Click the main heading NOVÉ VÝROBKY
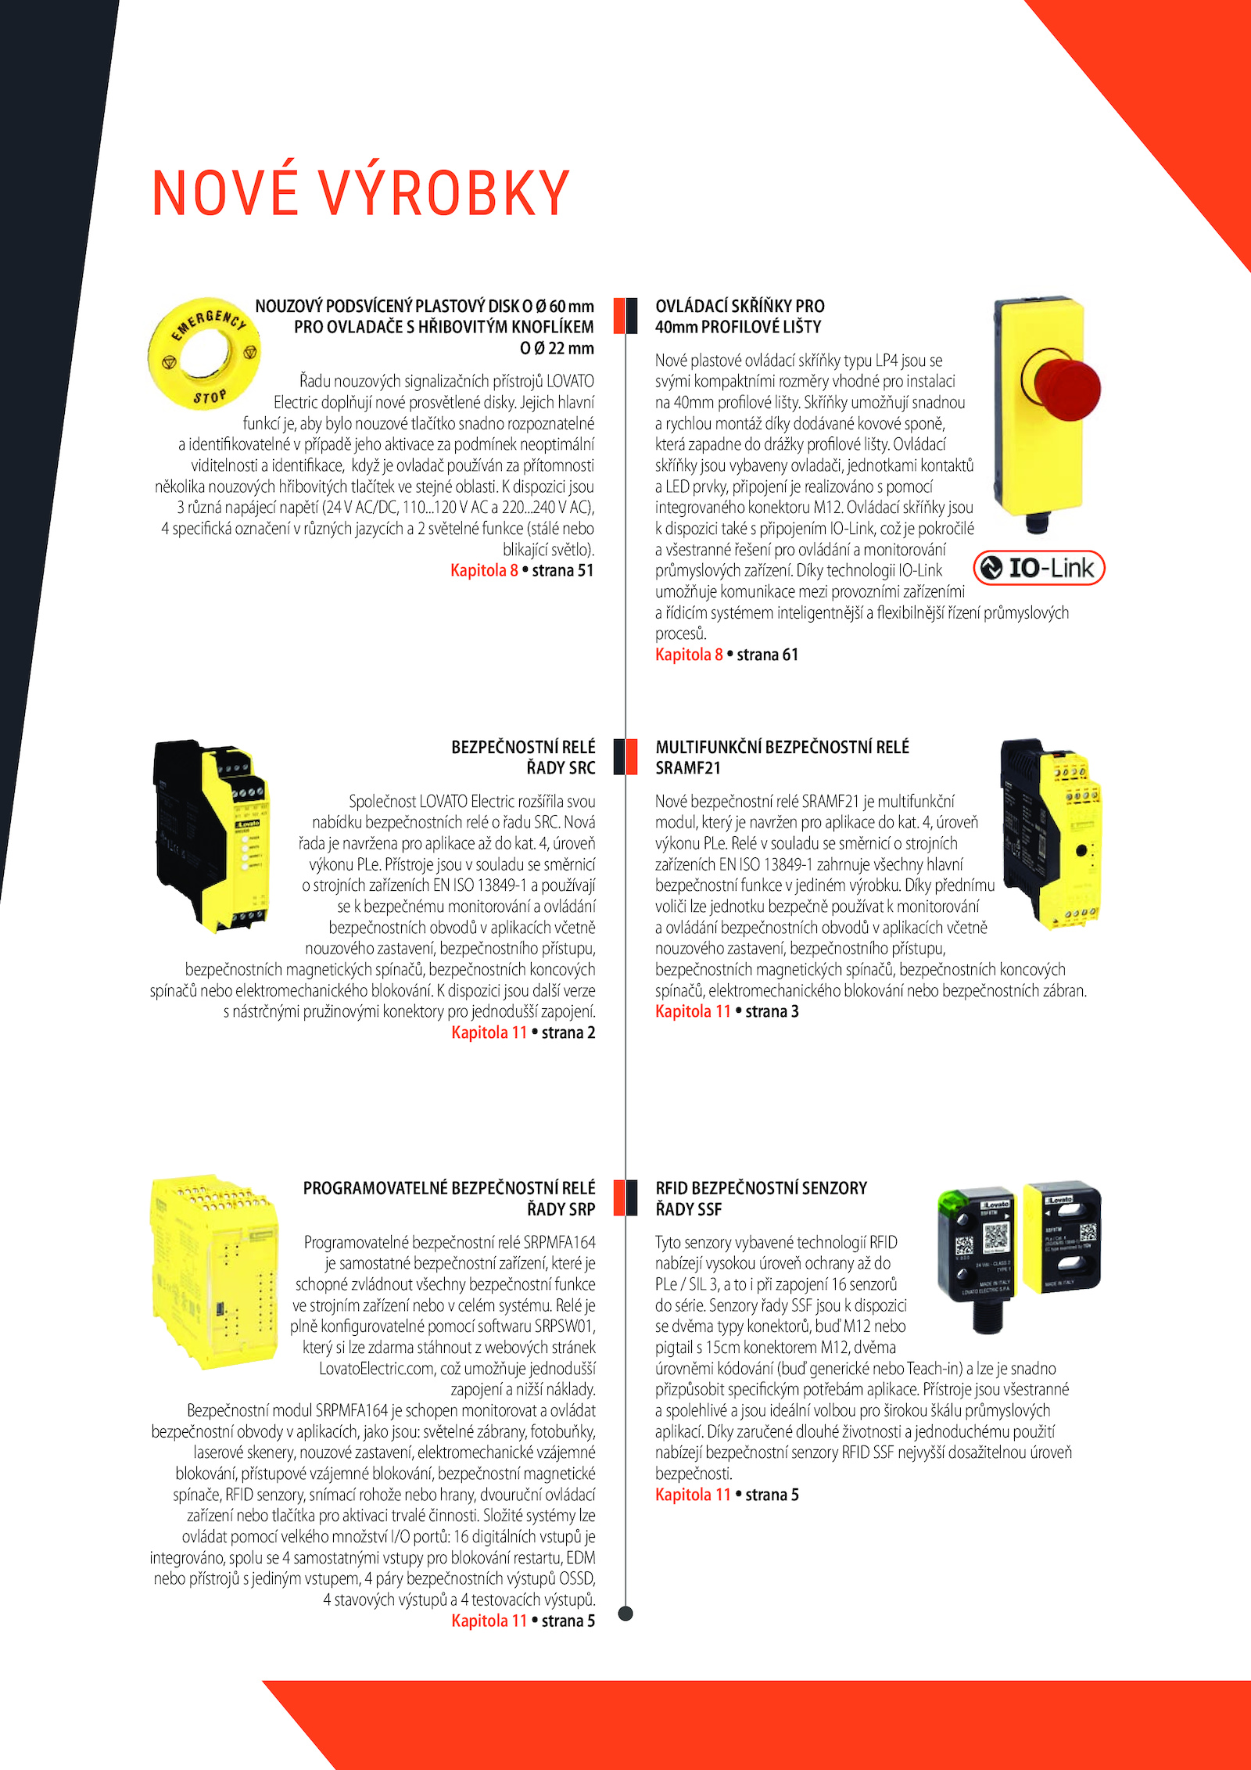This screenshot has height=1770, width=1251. click(360, 193)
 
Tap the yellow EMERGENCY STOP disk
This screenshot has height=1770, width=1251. click(205, 354)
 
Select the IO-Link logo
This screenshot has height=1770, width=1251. click(1038, 568)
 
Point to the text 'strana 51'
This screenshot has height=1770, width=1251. click(563, 571)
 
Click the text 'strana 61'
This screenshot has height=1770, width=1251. click(767, 655)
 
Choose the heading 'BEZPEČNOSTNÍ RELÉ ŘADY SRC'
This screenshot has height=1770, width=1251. click(523, 757)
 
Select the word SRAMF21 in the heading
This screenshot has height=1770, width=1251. click(688, 768)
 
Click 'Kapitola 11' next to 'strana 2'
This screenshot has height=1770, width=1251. click(489, 1032)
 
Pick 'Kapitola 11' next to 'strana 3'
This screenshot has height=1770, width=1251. click(693, 1011)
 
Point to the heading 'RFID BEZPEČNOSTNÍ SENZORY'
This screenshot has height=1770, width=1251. click(761, 1188)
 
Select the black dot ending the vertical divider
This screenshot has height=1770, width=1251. click(625, 1613)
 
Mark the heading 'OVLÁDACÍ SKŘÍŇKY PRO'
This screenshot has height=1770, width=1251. click(740, 306)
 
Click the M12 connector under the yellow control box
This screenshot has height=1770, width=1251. click(1037, 522)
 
